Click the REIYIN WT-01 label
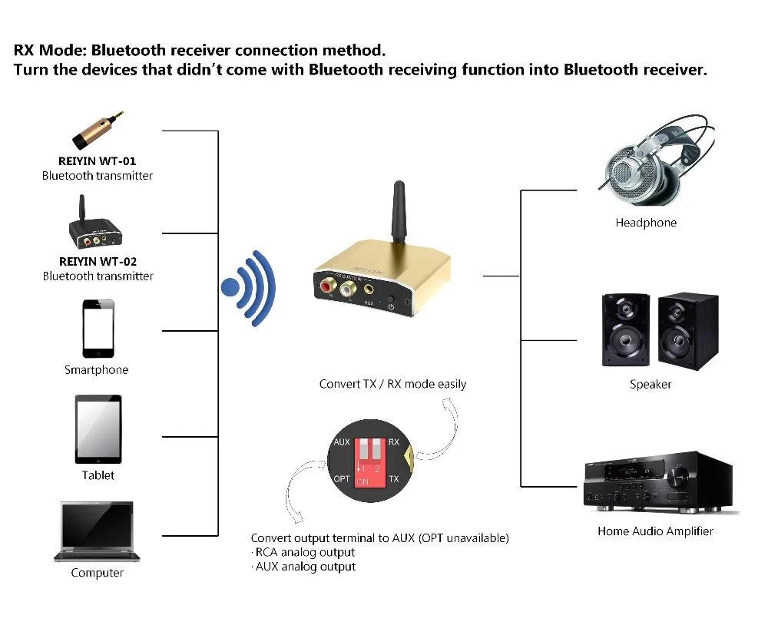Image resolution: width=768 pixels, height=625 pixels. pos(97,160)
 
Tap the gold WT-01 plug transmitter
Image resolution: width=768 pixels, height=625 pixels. pos(98,130)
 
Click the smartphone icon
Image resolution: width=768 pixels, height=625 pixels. pos(98,329)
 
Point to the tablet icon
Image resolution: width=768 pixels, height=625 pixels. pos(98,429)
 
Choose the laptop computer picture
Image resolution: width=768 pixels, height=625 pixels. pos(97,531)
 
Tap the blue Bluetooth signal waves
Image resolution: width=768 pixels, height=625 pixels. pos(248,288)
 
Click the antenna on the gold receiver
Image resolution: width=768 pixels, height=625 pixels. pos(399,212)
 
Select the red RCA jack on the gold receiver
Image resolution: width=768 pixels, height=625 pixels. pos(327,286)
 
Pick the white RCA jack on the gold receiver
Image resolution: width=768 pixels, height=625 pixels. pos(348,288)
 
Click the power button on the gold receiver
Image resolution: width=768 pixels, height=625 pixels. pos(390,299)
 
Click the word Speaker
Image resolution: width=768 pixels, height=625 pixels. pos(650,384)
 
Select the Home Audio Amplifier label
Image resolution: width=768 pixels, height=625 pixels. pos(655,531)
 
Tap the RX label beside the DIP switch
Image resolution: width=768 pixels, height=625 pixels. pos(394,441)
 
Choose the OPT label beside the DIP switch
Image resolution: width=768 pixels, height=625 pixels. pos(342,478)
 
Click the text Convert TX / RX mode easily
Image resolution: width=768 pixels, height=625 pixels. pos(392,384)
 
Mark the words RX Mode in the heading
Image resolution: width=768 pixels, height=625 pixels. pos(48,50)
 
